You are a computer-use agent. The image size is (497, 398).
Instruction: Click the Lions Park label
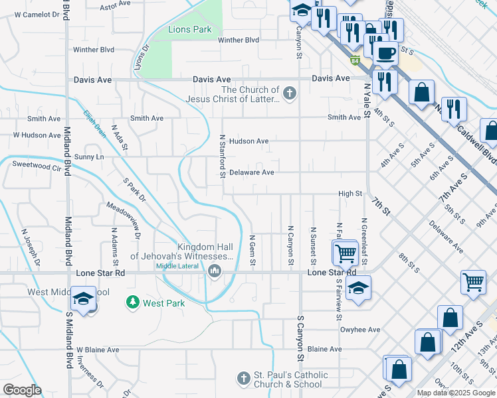189,29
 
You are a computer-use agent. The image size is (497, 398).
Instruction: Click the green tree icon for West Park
133,302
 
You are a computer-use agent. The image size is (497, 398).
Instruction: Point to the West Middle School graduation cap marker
84,300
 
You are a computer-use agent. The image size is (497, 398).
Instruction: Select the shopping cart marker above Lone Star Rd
345,253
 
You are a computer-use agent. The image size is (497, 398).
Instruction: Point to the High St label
349,194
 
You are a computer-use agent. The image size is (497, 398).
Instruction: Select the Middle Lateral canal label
178,267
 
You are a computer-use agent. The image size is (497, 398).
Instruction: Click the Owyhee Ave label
359,329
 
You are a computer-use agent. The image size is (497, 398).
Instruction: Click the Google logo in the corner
22,390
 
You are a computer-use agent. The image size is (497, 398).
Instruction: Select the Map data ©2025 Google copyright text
455,393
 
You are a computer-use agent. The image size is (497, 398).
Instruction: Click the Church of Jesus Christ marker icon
289,94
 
